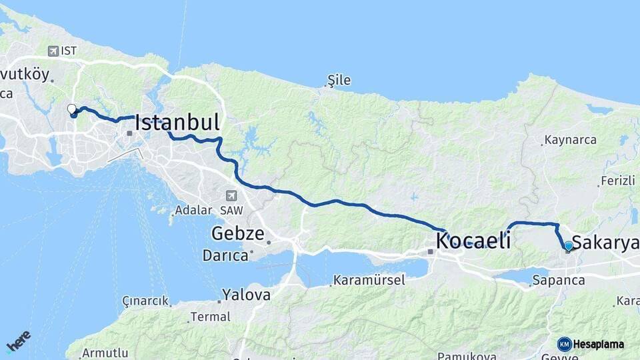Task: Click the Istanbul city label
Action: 177,123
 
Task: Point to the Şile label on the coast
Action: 339,81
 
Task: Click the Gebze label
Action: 239,234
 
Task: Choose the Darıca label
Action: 225,255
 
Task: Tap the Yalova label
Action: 247,295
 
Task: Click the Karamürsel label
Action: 369,280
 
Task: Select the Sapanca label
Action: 559,281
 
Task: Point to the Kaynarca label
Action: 570,140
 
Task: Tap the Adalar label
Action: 193,210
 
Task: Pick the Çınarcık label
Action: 145,301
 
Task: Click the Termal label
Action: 210,317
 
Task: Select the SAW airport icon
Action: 231,195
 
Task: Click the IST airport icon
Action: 53,51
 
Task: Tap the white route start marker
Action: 72,109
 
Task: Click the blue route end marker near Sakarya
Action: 568,246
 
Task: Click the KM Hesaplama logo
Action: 591,344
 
